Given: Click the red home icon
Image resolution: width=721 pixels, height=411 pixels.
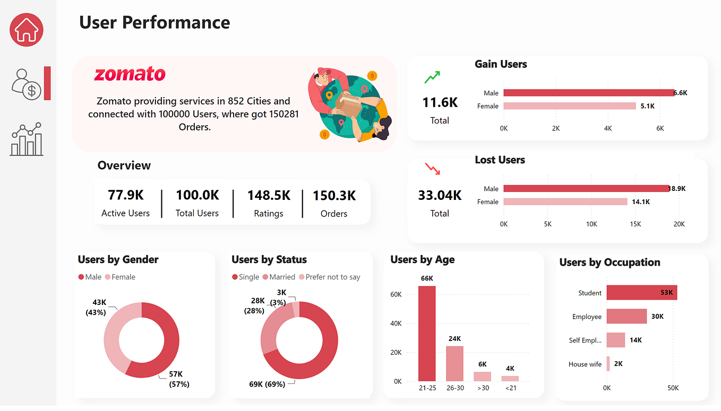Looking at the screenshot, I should point(27,30).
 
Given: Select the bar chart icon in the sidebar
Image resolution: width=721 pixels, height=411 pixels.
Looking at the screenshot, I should point(27,139).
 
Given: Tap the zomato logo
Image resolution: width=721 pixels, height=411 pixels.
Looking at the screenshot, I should point(130,74).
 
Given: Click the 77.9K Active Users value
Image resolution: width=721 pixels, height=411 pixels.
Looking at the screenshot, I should point(126,195).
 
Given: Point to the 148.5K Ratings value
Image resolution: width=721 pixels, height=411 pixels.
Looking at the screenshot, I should point(269,195).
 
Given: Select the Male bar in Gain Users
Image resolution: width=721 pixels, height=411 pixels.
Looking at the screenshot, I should point(588,93).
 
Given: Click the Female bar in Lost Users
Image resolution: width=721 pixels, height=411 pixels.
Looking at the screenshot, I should point(565,202).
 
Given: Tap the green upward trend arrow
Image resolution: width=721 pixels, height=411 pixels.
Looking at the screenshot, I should point(432,78).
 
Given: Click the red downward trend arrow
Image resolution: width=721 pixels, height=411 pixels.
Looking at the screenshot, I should point(432,169).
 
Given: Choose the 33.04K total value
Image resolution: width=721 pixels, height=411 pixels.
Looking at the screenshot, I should point(440,195).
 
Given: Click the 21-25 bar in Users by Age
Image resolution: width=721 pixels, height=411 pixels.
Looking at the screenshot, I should point(427,333).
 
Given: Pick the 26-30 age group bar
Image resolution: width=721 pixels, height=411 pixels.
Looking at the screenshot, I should point(454,363).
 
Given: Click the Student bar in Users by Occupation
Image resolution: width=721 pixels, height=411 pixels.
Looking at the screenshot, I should point(641,293).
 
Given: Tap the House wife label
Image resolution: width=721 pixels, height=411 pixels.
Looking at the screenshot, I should point(585,364).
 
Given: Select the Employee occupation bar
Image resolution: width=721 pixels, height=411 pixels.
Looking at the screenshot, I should point(626,317).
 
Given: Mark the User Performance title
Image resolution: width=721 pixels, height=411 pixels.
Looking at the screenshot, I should point(154,22).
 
